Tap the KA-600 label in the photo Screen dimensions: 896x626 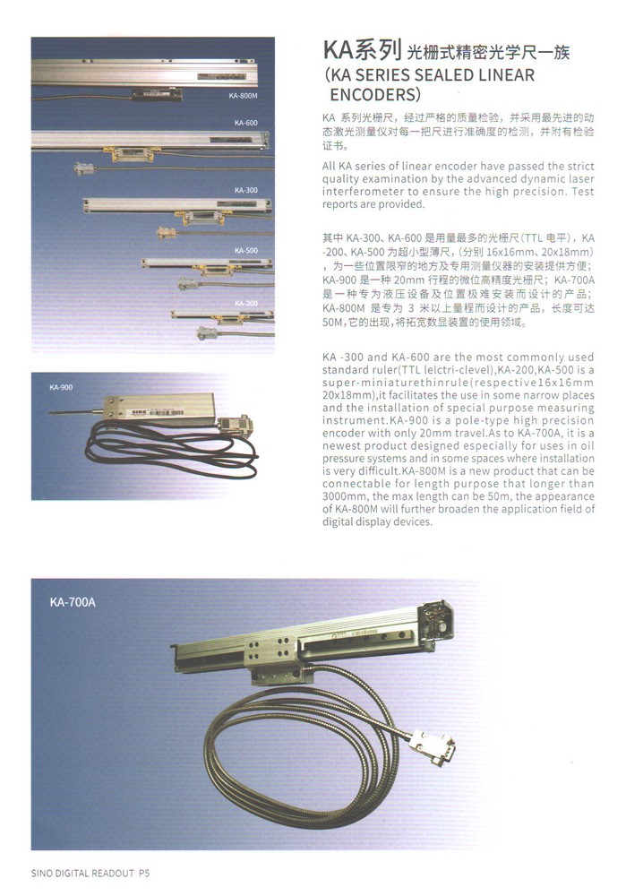(x=246, y=122)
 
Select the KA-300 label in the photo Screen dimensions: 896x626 (x=246, y=190)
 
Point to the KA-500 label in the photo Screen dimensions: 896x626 (x=246, y=251)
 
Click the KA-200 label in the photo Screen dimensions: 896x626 (x=246, y=303)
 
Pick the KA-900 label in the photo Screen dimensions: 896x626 (x=61, y=387)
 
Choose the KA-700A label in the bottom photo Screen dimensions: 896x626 (x=73, y=602)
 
